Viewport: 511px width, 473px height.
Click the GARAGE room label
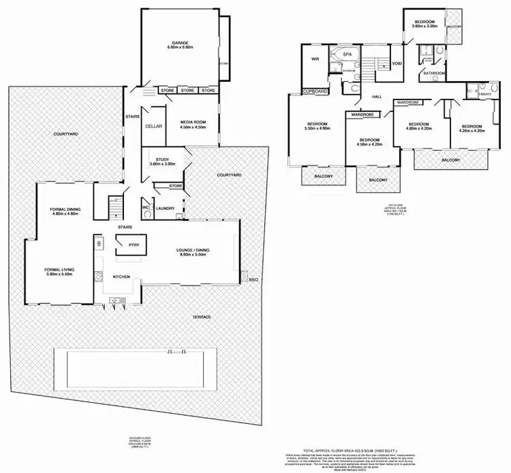coord(181,42)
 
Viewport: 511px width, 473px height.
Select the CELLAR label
coord(153,126)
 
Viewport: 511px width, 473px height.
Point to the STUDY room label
coord(161,159)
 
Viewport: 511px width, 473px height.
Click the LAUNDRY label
coord(166,209)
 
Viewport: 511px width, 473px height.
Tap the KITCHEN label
coord(121,277)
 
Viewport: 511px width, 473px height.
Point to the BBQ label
coord(255,279)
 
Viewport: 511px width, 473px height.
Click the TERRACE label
coord(201,318)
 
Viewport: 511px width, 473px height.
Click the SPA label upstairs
coord(347,54)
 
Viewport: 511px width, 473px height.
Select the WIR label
coord(315,59)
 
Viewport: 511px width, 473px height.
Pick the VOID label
coord(397,63)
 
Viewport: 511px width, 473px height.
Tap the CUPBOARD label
coord(316,91)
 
